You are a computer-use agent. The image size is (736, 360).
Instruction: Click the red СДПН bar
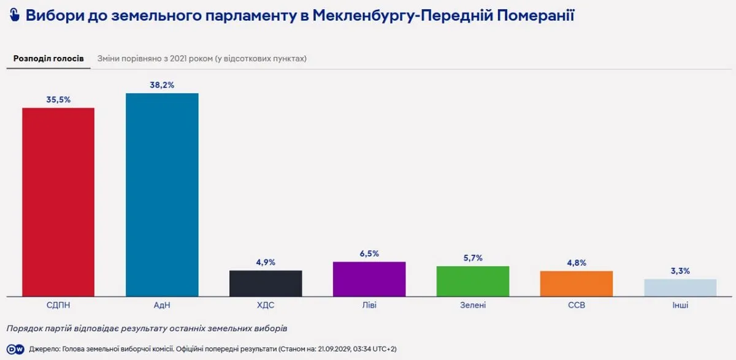[x=58, y=202]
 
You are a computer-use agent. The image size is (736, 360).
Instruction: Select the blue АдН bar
[x=162, y=195]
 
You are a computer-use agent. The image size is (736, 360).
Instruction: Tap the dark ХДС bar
[x=266, y=283]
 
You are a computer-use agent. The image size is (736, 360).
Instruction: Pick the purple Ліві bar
[x=369, y=279]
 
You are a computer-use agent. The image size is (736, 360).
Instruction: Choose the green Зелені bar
[x=473, y=281]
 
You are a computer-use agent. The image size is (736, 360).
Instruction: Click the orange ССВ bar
[x=577, y=284]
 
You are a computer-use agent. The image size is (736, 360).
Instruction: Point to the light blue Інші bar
[x=680, y=288]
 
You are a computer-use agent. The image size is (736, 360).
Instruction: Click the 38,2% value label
[x=162, y=85]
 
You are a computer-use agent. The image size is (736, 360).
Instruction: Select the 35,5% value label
[x=58, y=99]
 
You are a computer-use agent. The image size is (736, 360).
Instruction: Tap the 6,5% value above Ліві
[x=369, y=253]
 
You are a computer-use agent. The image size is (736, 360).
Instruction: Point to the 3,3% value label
[x=680, y=271]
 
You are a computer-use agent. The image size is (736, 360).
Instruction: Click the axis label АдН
[x=162, y=305]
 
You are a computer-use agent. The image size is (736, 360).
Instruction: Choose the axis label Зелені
[x=473, y=305]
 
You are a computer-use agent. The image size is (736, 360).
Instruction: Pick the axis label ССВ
[x=577, y=305]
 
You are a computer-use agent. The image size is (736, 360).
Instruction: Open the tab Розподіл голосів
[x=48, y=58]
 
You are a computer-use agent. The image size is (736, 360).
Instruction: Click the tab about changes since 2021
[x=202, y=58]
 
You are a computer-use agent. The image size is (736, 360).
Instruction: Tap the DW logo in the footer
[x=15, y=349]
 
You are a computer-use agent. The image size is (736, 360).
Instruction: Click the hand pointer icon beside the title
[x=15, y=15]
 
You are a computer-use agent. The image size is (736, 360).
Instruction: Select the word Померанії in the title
[x=535, y=15]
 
